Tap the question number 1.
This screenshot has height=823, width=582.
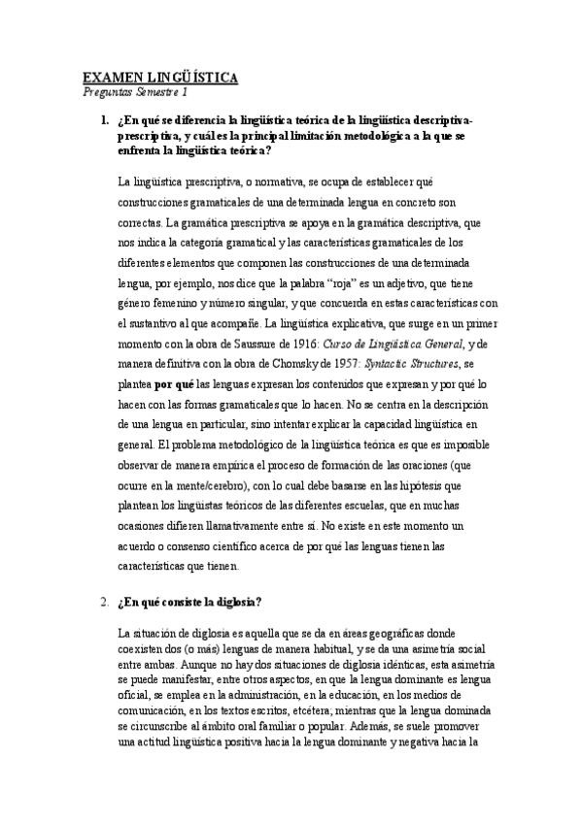click(104, 120)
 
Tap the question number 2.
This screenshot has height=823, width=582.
click(104, 602)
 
